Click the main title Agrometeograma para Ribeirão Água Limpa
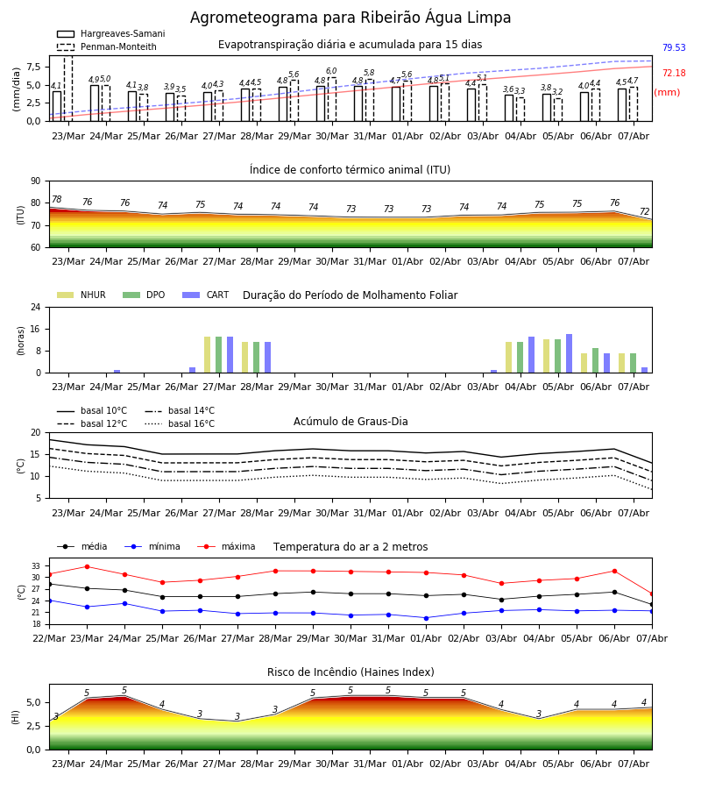coord(350,18)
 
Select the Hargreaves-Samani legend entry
coord(111,33)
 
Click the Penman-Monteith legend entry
coord(107,46)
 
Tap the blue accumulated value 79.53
coord(674,48)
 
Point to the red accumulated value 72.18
coord(674,73)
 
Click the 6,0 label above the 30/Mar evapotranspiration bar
coord(331,71)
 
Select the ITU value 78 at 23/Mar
coord(56,199)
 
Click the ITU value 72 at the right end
coord(644,211)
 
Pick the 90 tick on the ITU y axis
coord(36,181)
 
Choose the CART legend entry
coord(206,295)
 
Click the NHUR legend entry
coord(81,295)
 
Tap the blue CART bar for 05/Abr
coord(570,353)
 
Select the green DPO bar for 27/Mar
coord(219,355)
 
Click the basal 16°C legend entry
coord(180,423)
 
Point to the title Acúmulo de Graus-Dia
coord(350,421)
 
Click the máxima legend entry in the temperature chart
coord(227,546)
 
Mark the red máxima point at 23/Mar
coord(87,566)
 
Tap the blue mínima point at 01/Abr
coord(427,618)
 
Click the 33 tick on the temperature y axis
coord(36,566)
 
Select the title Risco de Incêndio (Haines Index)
coord(350,672)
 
